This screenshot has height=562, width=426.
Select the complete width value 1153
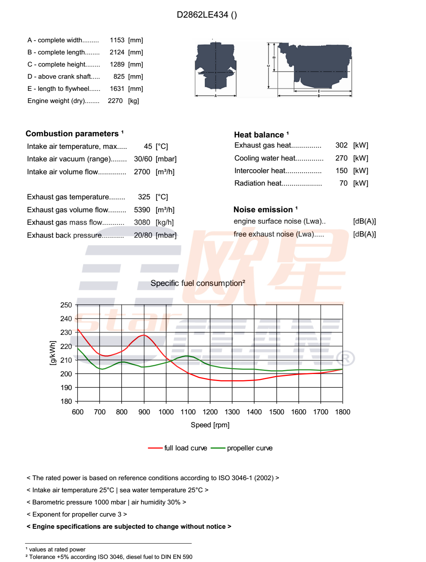117,40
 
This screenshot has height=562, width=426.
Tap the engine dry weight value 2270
115,101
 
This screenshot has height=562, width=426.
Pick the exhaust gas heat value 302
341,145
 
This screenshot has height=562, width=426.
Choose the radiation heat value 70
343,183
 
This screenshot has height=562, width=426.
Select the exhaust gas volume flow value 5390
142,210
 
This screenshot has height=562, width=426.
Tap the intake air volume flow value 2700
142,172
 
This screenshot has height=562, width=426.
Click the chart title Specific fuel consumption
198,283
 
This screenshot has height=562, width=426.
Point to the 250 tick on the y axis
66,305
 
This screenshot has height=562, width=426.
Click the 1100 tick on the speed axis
188,412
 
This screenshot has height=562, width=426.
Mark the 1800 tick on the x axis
343,412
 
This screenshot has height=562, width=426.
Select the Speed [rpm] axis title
210,425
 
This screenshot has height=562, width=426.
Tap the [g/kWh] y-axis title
53,353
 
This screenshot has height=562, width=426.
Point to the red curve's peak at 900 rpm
144,335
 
